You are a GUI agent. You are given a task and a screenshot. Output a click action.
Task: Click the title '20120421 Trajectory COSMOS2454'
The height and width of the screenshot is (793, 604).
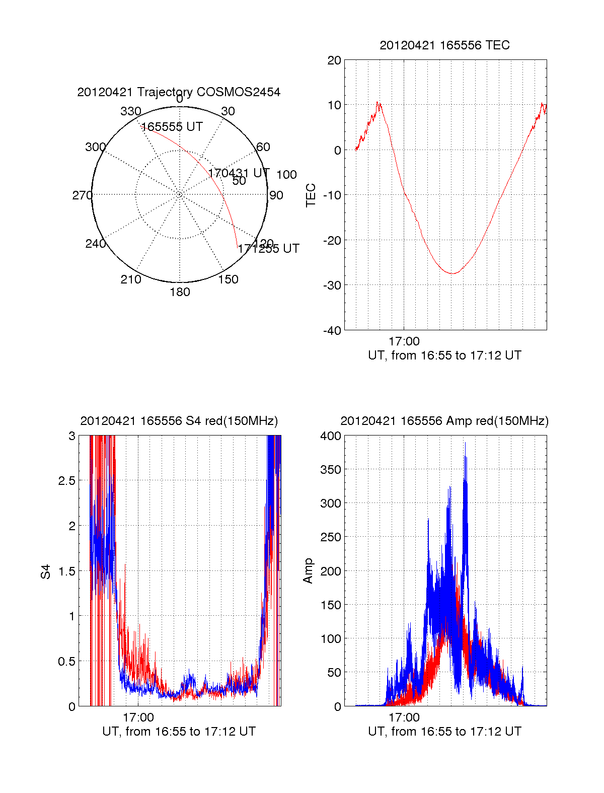tap(179, 92)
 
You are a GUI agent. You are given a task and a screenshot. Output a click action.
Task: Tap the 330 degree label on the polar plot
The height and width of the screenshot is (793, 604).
tap(130, 111)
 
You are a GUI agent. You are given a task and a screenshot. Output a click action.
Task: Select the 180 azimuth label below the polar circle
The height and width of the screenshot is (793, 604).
tap(180, 292)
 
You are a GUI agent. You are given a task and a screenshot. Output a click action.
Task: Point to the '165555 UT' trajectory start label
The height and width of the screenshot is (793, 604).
tap(172, 127)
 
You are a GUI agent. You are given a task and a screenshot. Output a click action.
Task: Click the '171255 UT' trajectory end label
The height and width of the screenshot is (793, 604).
tap(269, 249)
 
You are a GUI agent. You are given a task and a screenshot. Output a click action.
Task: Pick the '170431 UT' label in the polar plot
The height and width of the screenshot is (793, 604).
tap(239, 173)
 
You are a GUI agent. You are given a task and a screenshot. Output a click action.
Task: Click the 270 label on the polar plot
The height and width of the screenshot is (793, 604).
tap(82, 195)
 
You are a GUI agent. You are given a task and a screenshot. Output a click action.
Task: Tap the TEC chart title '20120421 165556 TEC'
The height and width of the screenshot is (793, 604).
tap(444, 45)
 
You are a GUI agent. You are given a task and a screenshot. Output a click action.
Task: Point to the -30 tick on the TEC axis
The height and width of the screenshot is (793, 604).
tap(332, 285)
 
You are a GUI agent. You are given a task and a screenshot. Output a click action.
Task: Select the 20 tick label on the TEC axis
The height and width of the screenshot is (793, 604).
tap(334, 61)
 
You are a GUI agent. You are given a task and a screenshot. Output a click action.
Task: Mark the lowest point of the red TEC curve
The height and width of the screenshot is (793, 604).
tap(453, 273)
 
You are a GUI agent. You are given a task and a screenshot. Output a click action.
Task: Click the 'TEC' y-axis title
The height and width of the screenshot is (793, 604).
tap(311, 195)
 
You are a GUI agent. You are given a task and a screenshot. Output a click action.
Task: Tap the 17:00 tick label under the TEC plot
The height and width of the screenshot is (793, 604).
tap(404, 341)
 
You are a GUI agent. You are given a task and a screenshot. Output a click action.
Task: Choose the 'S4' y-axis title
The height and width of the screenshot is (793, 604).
tap(46, 571)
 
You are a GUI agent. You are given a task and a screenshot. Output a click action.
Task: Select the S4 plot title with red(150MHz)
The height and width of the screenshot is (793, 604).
tap(179, 421)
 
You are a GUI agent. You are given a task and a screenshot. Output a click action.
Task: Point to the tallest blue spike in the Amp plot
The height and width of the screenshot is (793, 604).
tap(465, 443)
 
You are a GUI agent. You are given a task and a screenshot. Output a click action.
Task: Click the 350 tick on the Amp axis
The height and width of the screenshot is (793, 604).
tap(331, 470)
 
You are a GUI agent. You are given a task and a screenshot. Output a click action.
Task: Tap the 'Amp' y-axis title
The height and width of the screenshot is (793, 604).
tap(308, 571)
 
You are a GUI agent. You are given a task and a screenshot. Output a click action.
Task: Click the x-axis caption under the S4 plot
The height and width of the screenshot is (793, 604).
tap(179, 732)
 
